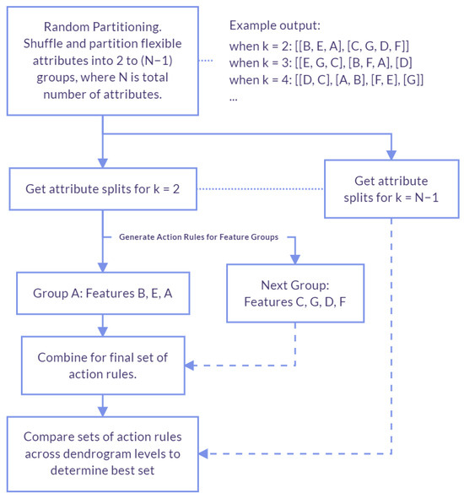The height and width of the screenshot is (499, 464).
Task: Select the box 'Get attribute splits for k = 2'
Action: (x=102, y=187)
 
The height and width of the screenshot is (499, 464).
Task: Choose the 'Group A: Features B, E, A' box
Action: (x=102, y=297)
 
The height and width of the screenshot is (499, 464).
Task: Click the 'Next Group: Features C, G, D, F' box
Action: (x=295, y=292)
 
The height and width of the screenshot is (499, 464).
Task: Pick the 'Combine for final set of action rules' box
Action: (x=102, y=366)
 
